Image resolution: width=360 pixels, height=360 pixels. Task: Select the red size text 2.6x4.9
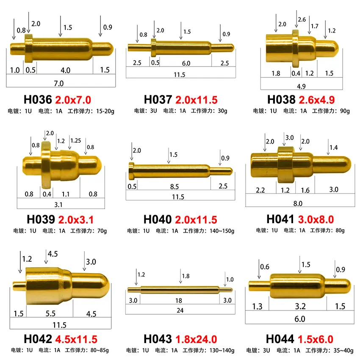(317, 100)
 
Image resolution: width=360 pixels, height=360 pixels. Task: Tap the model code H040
(158, 219)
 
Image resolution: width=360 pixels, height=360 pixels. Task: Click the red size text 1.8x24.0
(196, 339)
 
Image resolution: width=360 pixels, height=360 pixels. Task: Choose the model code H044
(281, 339)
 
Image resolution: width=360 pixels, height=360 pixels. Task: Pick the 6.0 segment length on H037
(186, 64)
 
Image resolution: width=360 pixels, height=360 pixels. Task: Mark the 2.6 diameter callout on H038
(302, 19)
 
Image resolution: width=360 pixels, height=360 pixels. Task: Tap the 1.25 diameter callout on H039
(75, 140)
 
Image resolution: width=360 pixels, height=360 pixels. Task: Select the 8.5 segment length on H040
(174, 186)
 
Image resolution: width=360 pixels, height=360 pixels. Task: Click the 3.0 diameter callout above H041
(289, 138)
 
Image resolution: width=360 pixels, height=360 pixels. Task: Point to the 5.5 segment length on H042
(50, 314)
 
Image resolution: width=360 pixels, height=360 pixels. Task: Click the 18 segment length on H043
(179, 300)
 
